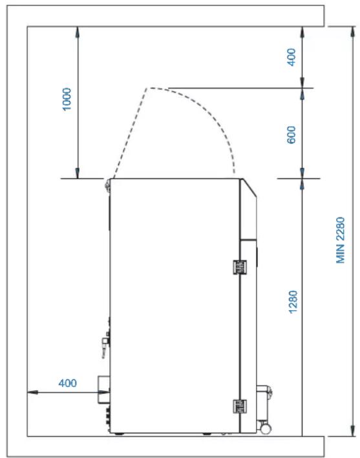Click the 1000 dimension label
tap(67, 99)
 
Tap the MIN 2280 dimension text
tap(341, 240)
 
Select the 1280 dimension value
tap(293, 302)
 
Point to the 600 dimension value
tap(291, 135)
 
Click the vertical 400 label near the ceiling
tap(291, 57)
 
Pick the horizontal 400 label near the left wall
tap(67, 383)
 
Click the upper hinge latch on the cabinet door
tap(240, 267)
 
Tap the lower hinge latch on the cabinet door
tap(240, 406)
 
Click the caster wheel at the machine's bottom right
tap(266, 428)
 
